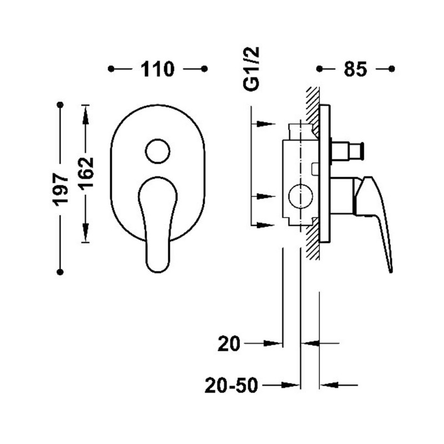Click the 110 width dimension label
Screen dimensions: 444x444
pos(158,69)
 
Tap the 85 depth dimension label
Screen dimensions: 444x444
pos(355,69)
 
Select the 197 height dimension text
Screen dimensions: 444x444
pos(60,190)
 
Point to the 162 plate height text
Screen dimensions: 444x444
pos(86,172)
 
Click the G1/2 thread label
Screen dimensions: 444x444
pos(251,69)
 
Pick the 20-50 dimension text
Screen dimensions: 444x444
pos(231,385)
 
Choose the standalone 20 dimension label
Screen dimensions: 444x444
pos(229,344)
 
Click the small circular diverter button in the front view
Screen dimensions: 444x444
pos(158,151)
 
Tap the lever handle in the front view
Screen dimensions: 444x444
pos(158,225)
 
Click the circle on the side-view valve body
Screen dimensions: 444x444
pos(301,196)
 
